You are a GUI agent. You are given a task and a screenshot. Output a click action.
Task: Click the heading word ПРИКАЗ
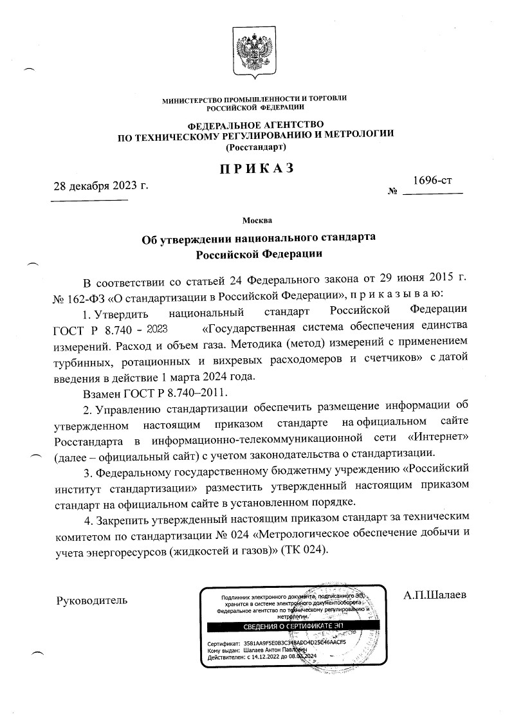pos(255,169)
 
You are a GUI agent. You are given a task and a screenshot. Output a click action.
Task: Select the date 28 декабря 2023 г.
pos(100,187)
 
